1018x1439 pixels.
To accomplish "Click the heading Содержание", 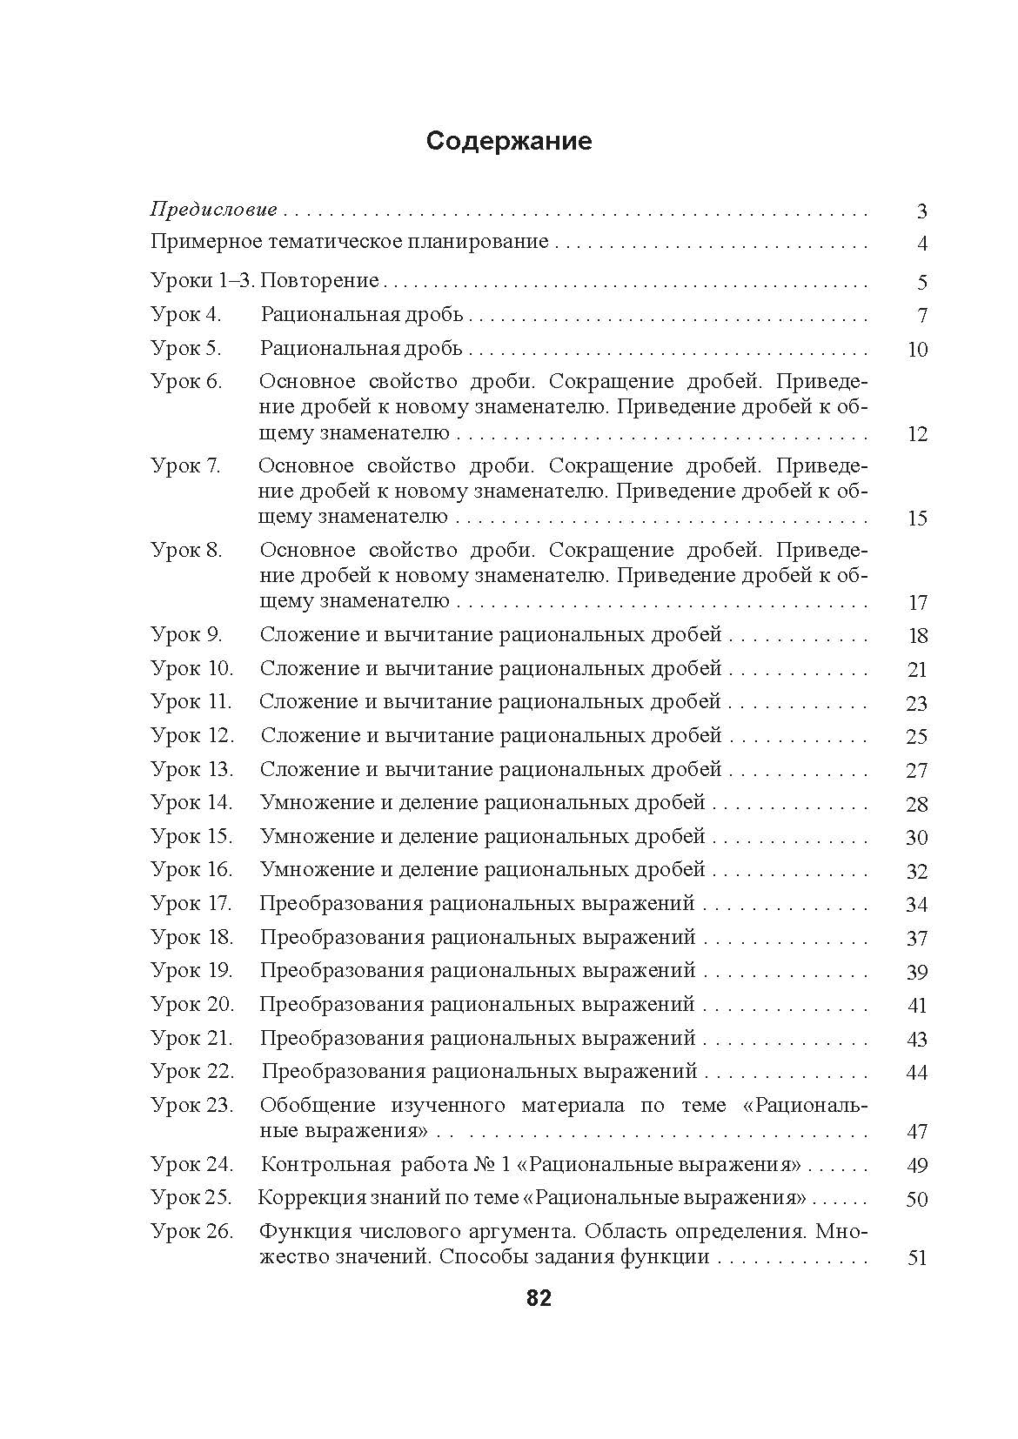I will [508, 142].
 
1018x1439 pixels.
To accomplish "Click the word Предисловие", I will [214, 210].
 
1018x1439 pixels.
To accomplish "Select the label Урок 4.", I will [186, 315].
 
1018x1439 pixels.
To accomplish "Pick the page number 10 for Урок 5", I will [917, 350].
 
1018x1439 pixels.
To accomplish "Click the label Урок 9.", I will [187, 635].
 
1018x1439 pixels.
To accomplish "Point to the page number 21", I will [917, 670].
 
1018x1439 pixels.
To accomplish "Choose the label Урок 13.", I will [192, 770].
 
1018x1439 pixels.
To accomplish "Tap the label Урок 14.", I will [192, 803].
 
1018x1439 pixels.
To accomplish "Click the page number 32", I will [917, 872].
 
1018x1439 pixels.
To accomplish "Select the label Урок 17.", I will [191, 904].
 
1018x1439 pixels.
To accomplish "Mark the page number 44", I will [917, 1073].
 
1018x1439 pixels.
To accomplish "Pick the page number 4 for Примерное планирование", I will [922, 244].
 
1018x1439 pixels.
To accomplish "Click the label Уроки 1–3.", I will [203, 281].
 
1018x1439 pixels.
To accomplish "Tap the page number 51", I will [917, 1258].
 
